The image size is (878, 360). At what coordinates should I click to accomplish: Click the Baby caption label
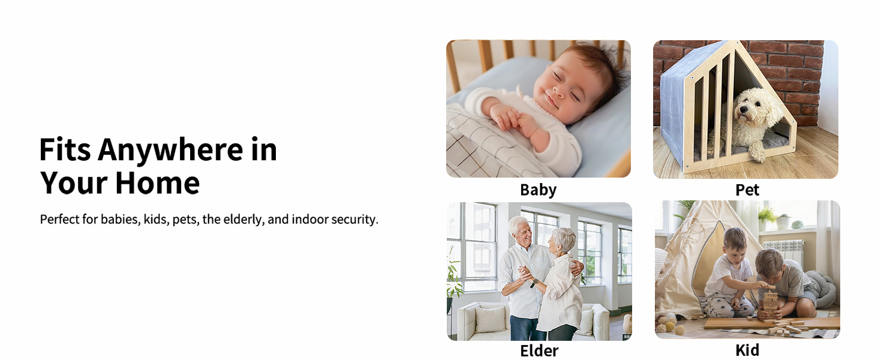(x=538, y=190)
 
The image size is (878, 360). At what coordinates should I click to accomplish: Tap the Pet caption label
(x=747, y=190)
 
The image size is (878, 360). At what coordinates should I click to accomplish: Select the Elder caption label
(x=539, y=350)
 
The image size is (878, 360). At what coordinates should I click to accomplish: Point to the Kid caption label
(x=747, y=350)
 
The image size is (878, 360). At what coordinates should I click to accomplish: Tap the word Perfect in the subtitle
(x=60, y=219)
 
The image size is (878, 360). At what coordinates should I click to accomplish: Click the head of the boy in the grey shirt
(x=768, y=262)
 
